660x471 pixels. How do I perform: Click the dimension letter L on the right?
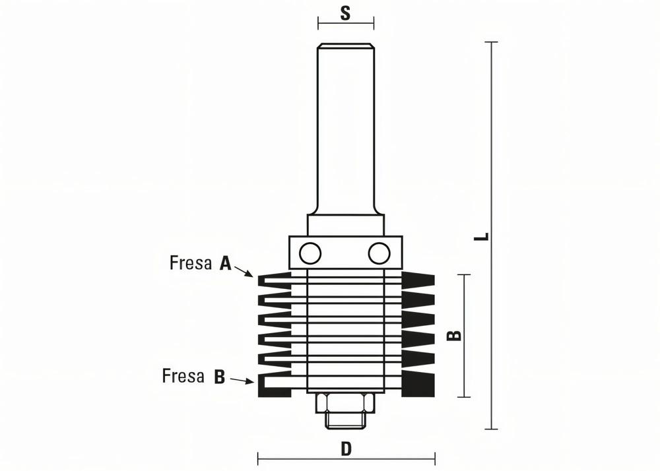pos(484,235)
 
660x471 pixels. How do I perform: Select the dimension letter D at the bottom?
pos(346,449)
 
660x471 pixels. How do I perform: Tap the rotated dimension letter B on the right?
pos(455,336)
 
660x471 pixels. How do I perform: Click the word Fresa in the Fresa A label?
pos(191,263)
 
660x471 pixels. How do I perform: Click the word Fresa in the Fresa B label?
pos(183,377)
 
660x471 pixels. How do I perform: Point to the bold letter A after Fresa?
pos(225,264)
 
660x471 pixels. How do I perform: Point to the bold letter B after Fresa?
pos(220,377)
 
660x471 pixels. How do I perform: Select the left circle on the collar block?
pos(309,252)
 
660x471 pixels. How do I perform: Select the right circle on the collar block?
pos(379,252)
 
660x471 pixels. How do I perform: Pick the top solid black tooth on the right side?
pos(418,276)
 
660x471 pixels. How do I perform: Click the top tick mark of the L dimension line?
pos(491,42)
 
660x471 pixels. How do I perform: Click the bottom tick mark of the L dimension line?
pos(491,429)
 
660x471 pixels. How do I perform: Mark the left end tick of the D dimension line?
pos(258,457)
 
